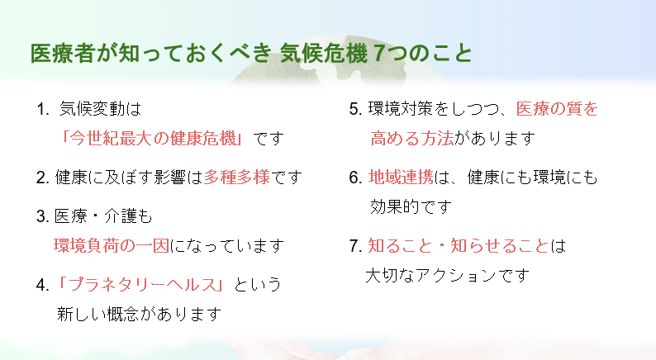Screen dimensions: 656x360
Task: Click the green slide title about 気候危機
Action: click(x=251, y=53)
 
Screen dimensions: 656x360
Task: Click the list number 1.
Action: click(x=42, y=110)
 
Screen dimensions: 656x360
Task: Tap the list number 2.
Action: click(x=42, y=178)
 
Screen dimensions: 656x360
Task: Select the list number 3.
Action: click(x=42, y=216)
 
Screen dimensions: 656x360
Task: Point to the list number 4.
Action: click(x=42, y=285)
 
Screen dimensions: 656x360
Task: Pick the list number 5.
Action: click(x=355, y=110)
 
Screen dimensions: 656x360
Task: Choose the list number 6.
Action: click(x=355, y=178)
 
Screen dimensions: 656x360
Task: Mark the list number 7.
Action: click(x=355, y=246)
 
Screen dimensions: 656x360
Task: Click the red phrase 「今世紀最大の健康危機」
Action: click(x=152, y=138)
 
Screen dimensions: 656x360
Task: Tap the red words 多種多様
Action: click(x=237, y=178)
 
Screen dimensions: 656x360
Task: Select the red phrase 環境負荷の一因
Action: click(x=112, y=245)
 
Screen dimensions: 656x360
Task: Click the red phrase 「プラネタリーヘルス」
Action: click(x=141, y=285)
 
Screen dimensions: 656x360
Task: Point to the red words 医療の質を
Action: click(x=557, y=109)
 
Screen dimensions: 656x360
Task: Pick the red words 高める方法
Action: click(x=412, y=138)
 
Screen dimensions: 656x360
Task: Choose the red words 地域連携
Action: click(x=401, y=178)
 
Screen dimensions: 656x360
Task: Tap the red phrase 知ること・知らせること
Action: click(x=458, y=245)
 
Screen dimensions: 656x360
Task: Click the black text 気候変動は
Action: click(x=101, y=109)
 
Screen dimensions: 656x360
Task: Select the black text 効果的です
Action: click(x=411, y=206)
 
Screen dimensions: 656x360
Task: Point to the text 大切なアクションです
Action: click(x=447, y=275)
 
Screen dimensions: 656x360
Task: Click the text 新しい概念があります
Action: click(x=139, y=314)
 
